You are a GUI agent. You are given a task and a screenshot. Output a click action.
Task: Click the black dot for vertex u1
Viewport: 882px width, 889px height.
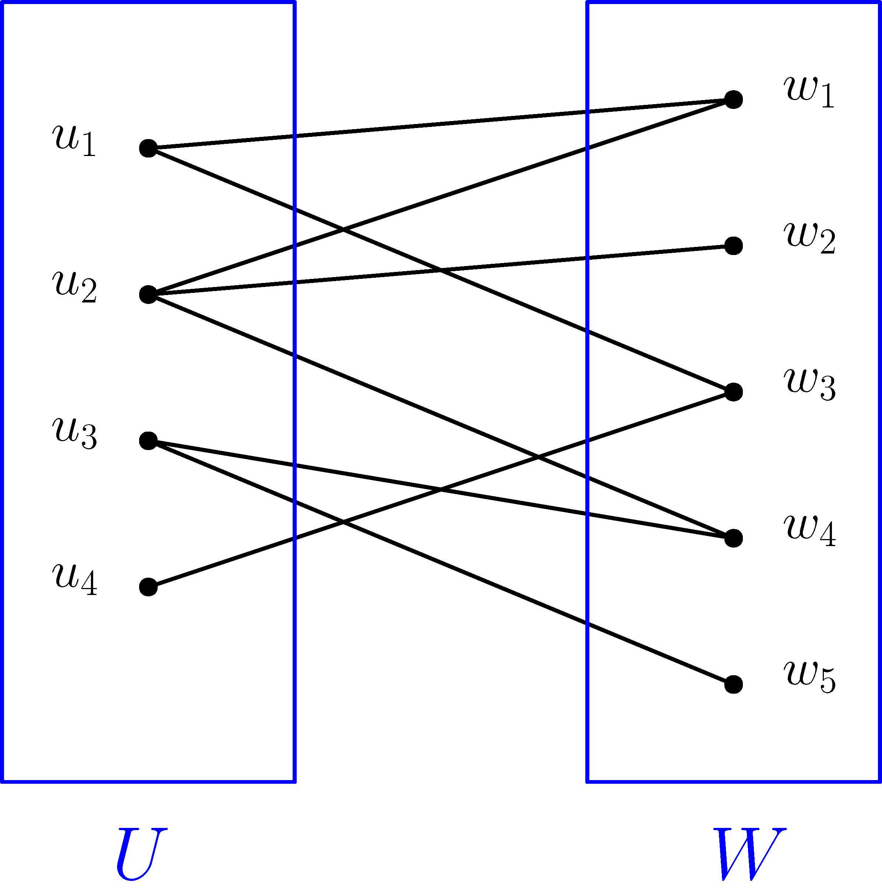pos(148,148)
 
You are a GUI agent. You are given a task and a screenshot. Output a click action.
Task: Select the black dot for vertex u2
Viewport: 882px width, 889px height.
pos(148,294)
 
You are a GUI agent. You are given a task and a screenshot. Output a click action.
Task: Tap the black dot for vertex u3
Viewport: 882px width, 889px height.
pos(148,441)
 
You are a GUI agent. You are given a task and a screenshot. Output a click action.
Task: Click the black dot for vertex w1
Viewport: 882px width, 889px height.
pos(733,99)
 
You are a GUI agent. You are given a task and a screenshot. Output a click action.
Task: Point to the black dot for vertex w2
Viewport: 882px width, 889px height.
pos(733,246)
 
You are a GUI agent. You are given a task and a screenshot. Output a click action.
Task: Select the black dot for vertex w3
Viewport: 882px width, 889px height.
pos(733,392)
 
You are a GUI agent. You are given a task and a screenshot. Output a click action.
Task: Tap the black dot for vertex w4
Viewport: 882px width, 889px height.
pos(733,538)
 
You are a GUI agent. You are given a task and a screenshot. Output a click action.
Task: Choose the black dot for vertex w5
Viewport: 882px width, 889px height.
pos(733,684)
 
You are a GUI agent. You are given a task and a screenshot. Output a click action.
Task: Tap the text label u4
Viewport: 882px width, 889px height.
pos(75,579)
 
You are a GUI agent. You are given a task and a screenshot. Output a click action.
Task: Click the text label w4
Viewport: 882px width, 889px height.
pos(810,530)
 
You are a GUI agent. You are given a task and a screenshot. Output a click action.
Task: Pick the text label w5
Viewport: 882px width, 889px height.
pos(810,676)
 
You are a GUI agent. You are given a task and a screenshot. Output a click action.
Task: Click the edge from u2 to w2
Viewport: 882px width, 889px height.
pos(441,270)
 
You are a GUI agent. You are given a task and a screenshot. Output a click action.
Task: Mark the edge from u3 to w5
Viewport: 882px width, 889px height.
pos(441,562)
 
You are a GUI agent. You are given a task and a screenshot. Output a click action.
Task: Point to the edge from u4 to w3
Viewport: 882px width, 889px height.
pos(441,490)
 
